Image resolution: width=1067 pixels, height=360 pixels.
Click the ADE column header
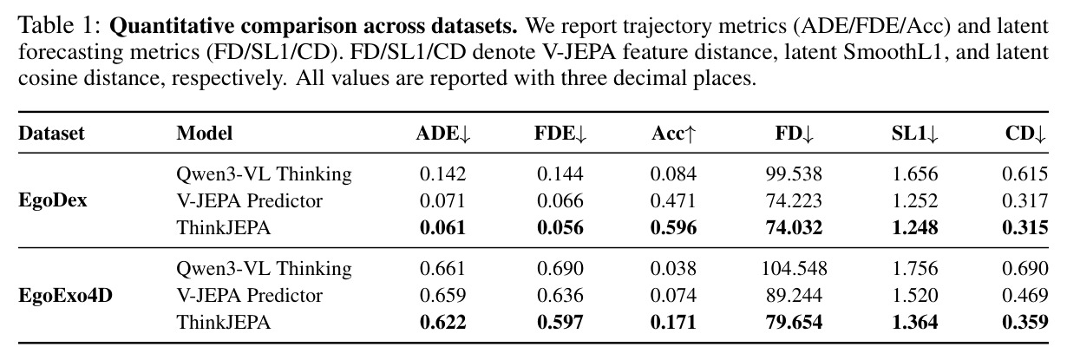443,134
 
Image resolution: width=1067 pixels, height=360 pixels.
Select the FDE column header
560,134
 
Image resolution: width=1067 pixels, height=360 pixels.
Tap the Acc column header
673,134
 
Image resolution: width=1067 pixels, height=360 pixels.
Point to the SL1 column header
915,134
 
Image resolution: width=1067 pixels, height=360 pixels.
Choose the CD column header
1026,134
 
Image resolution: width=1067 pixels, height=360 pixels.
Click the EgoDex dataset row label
53,200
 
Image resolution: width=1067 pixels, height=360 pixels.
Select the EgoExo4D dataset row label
66,295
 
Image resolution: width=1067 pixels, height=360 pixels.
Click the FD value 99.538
794,173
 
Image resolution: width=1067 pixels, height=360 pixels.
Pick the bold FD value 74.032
794,227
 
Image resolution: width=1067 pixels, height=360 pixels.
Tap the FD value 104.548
794,269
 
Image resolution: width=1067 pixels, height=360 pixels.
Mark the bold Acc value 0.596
673,227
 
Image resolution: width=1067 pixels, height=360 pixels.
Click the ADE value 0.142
443,173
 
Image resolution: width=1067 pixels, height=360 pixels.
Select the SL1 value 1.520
915,295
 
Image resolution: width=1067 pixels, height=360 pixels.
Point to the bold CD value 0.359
1025,323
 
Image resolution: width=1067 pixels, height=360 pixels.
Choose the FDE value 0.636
560,295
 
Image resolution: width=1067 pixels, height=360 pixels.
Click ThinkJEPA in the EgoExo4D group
224,323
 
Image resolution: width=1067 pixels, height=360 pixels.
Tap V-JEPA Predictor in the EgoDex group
249,200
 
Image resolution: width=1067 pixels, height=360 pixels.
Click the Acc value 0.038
673,269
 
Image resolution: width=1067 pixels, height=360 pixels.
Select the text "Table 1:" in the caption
60,26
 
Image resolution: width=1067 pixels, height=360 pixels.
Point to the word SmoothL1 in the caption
894,52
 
